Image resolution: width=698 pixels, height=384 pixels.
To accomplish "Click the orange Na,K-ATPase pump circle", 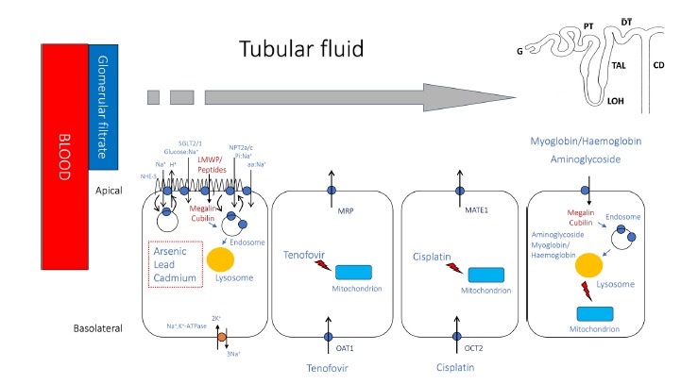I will (221, 336).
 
